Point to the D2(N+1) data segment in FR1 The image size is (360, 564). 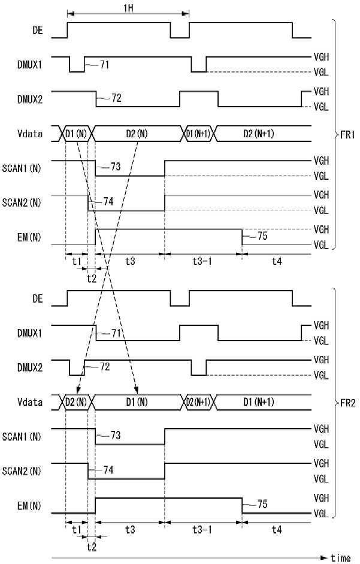(258, 134)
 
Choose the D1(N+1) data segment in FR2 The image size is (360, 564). (258, 401)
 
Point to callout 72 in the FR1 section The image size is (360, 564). (116, 98)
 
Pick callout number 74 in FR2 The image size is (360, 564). (108, 470)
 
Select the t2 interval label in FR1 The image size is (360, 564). (91, 278)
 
